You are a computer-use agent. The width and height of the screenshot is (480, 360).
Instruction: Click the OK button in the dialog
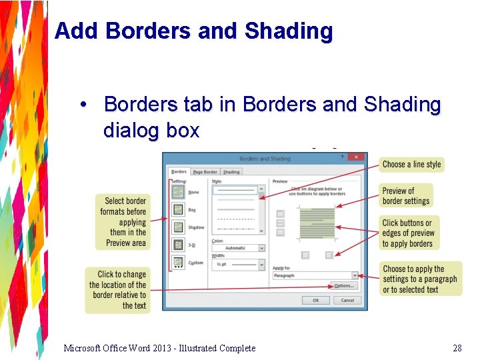coord(315,300)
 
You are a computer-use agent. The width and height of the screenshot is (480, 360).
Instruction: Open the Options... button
coord(344,285)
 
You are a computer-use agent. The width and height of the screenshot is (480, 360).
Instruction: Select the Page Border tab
coord(205,172)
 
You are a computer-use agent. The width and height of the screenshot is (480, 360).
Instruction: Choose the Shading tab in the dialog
coord(231,172)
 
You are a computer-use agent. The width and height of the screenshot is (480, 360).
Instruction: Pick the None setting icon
coord(179,192)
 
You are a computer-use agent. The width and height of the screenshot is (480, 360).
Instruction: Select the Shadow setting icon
coord(179,227)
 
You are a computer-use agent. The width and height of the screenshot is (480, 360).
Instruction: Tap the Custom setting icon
coord(179,263)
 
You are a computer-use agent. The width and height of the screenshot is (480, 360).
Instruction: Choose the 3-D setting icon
coord(179,245)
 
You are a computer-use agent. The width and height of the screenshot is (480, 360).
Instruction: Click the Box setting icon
coord(179,209)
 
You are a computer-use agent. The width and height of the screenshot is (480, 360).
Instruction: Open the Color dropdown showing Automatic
coord(238,248)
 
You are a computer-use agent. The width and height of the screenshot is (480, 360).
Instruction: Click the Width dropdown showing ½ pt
coord(238,265)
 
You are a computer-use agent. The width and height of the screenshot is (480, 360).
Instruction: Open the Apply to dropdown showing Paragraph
coord(315,275)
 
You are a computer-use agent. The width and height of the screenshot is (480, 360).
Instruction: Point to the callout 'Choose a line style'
coord(411,164)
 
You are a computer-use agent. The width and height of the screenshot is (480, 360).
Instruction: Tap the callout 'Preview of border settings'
coord(406,196)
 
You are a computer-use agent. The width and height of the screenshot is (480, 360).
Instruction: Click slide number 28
coord(457,348)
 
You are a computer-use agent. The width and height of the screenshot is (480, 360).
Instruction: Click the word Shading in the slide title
coord(289,31)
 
